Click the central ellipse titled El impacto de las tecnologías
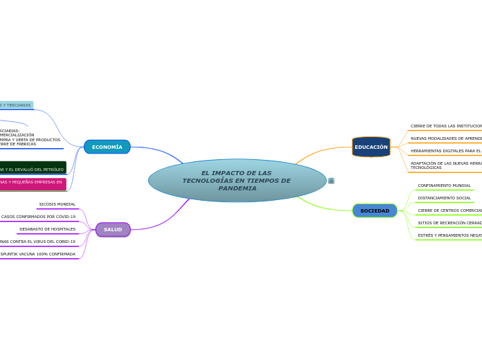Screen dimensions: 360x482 (237, 181)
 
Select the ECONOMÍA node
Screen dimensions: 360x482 (107, 147)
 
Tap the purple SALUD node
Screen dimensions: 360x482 (113, 229)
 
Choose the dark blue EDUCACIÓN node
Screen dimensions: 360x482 (371, 147)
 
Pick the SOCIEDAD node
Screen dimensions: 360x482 (375, 210)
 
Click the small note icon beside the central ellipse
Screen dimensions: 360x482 (331, 181)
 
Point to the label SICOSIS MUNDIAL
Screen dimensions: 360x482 (57, 204)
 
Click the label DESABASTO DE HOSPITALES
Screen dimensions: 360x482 (47, 229)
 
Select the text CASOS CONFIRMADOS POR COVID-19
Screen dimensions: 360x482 (38, 217)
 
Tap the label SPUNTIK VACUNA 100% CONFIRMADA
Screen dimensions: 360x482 (37, 254)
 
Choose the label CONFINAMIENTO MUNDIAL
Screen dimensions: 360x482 (444, 186)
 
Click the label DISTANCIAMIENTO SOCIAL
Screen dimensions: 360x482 (444, 198)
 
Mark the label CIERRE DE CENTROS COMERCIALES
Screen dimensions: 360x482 (449, 210)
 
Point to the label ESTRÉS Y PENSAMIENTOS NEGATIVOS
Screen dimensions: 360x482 (449, 235)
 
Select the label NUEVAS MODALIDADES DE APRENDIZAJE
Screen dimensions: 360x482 (446, 138)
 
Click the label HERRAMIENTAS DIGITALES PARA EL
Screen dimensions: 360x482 (446, 151)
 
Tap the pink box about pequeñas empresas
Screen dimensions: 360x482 (31, 183)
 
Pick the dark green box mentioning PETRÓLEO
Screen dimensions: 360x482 (32, 168)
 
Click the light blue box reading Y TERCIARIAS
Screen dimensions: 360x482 (15, 105)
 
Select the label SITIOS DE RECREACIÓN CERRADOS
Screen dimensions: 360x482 (449, 223)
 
